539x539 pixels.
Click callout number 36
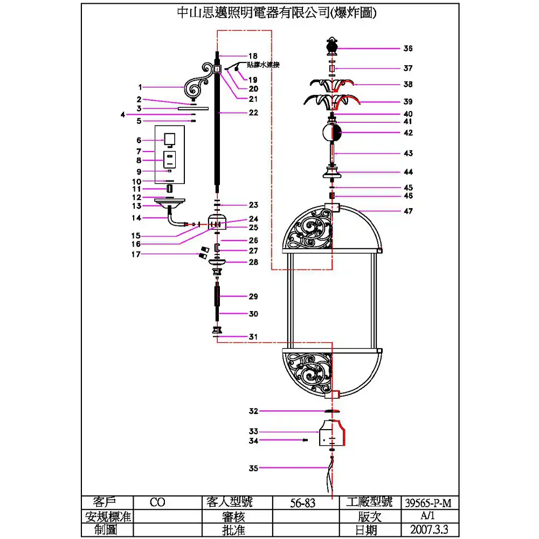pos(407,49)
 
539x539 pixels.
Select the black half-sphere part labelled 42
pos(336,133)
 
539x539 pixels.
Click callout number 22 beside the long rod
pos(253,113)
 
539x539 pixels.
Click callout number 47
pos(408,211)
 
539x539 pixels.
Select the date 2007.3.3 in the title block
pos(428,529)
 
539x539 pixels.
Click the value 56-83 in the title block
pos(303,503)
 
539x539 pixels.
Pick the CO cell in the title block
pos(157,503)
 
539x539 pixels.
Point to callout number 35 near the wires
pos(254,468)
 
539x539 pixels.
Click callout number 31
pos(253,336)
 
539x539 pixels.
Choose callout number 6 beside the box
pos(139,140)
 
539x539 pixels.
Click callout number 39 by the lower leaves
pos(408,102)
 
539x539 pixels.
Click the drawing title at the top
pos(277,13)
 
